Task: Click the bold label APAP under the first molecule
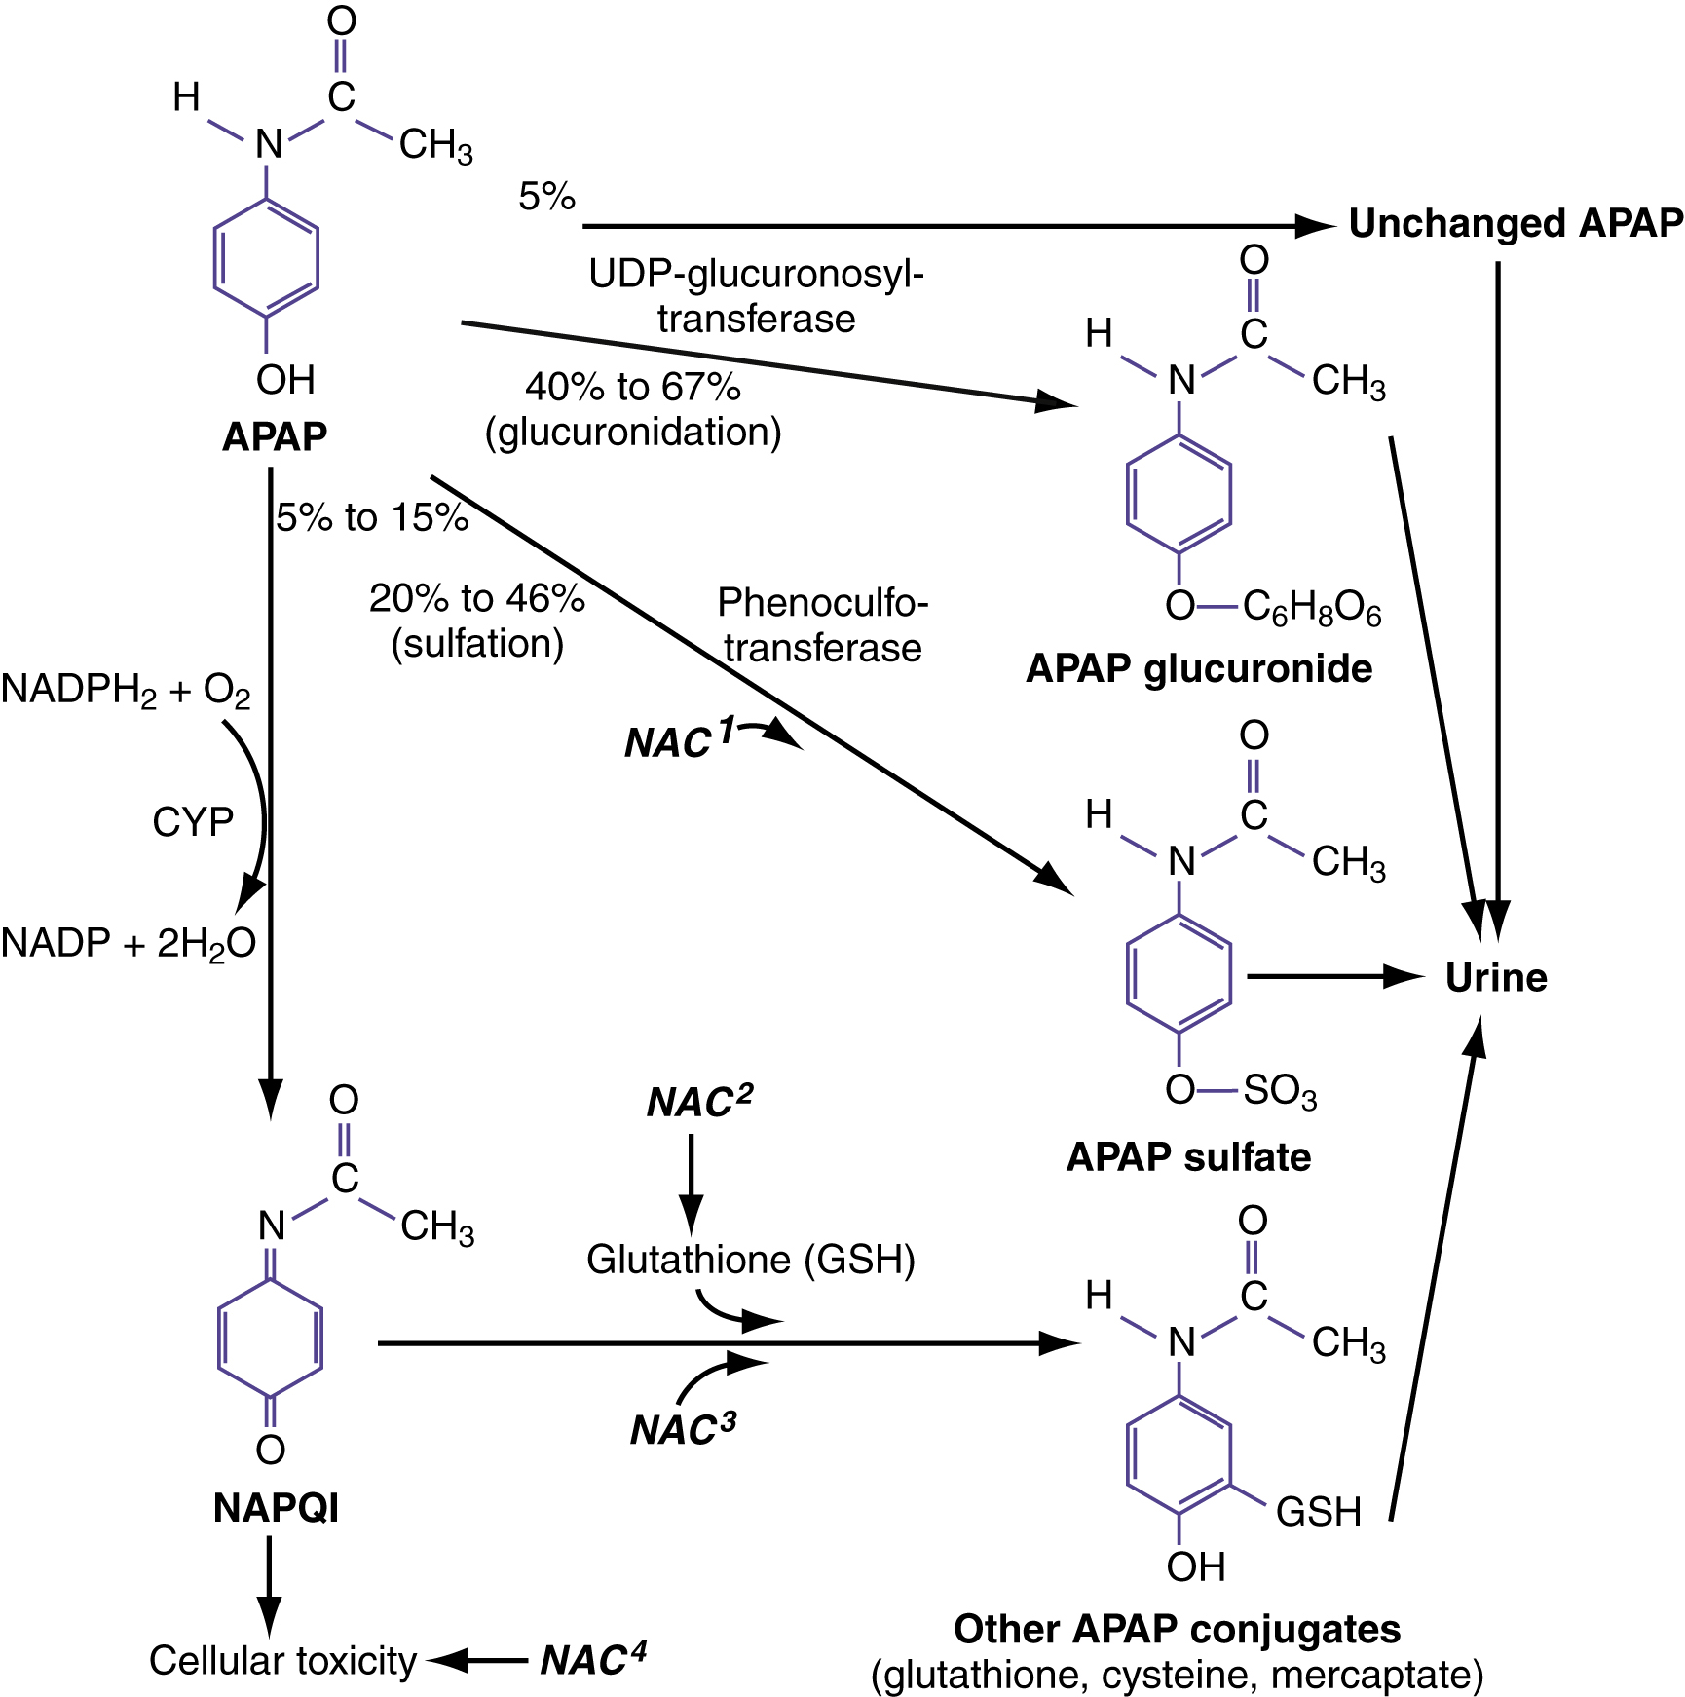coord(275,436)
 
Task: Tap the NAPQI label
coord(276,1508)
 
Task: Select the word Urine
coord(1495,977)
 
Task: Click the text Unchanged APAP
coord(1515,224)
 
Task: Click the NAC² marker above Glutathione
coord(699,1102)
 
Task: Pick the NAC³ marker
coord(683,1429)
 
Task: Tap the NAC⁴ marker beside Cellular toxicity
coord(593,1659)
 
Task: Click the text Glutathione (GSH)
coord(751,1260)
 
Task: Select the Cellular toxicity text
coord(282,1660)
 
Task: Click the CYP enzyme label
coord(193,822)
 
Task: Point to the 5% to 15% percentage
coord(372,517)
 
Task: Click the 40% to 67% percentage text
coord(633,387)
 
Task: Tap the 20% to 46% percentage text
coord(476,598)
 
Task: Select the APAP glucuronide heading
coord(1199,668)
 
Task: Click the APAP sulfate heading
coord(1188,1157)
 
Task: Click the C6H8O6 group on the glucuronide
coord(1311,608)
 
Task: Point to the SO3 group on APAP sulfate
coord(1280,1090)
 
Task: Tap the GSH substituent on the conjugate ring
coord(1318,1512)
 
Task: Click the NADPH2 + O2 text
coord(126,690)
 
